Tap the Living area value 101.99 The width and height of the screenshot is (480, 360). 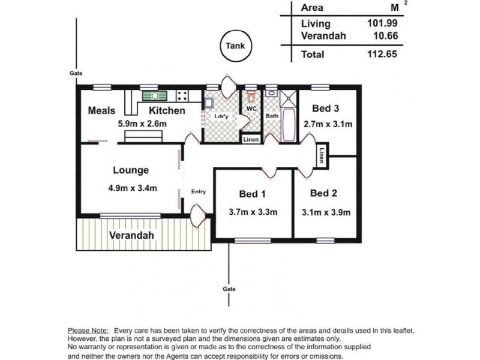[x=382, y=23]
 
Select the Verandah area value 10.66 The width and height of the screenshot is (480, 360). [x=386, y=36]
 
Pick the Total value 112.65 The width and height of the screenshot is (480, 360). [x=382, y=54]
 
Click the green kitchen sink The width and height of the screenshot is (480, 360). [x=155, y=96]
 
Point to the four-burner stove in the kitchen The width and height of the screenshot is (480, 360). [x=182, y=96]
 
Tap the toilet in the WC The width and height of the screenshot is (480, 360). [x=251, y=97]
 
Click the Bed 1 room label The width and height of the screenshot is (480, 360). [x=252, y=194]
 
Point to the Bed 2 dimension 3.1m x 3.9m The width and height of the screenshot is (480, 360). [x=326, y=212]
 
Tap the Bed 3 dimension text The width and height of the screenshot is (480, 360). [x=328, y=124]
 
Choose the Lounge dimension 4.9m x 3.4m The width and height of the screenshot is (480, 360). [x=133, y=188]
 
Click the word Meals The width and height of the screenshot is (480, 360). [x=101, y=110]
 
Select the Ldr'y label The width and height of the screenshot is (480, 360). [x=221, y=116]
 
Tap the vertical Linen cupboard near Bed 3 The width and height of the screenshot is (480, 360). [x=322, y=155]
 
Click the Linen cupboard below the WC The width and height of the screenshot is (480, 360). [x=251, y=140]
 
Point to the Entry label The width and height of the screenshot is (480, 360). [x=199, y=191]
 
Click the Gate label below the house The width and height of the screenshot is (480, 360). [x=229, y=289]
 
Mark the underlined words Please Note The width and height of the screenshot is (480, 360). [x=88, y=331]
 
